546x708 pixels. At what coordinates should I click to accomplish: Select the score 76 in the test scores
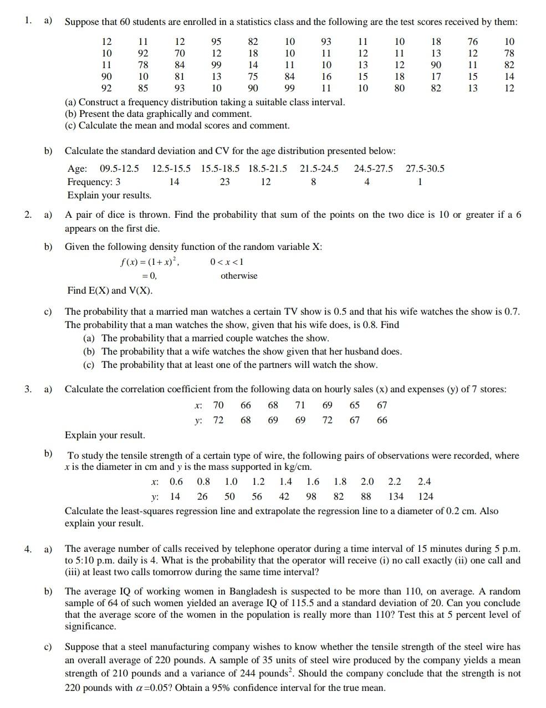click(x=472, y=42)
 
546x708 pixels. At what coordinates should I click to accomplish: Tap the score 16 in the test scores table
click(x=326, y=76)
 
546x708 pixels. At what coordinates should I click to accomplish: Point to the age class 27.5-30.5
click(x=425, y=168)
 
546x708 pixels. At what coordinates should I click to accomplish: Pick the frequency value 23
click(x=224, y=182)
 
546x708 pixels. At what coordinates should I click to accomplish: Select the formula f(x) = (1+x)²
click(x=150, y=262)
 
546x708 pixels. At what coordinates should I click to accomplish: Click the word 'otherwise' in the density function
click(x=239, y=275)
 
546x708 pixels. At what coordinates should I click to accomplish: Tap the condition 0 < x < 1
click(x=227, y=262)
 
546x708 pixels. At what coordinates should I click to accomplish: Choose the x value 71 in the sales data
click(x=300, y=405)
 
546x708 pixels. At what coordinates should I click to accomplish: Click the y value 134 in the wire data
click(x=395, y=496)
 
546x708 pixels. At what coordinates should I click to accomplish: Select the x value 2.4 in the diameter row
click(x=424, y=481)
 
